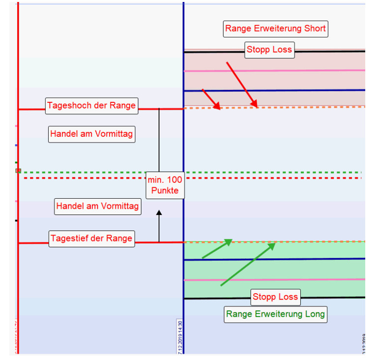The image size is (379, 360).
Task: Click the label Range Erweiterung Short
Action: click(275, 29)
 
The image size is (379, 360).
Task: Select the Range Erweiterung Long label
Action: click(275, 314)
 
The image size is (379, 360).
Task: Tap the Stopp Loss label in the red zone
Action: click(269, 50)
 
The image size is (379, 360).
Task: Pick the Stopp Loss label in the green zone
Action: click(275, 297)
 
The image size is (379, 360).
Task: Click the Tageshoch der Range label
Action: click(91, 106)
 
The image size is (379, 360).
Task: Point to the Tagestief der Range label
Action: click(91, 239)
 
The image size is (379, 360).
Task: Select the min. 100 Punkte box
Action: click(165, 185)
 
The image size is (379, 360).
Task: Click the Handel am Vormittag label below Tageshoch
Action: click(91, 134)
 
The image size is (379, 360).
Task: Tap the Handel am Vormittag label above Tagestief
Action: click(98, 207)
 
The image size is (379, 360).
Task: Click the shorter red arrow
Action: click(211, 99)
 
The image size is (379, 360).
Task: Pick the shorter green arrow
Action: click(217, 249)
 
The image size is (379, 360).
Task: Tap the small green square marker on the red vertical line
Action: click(18, 171)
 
